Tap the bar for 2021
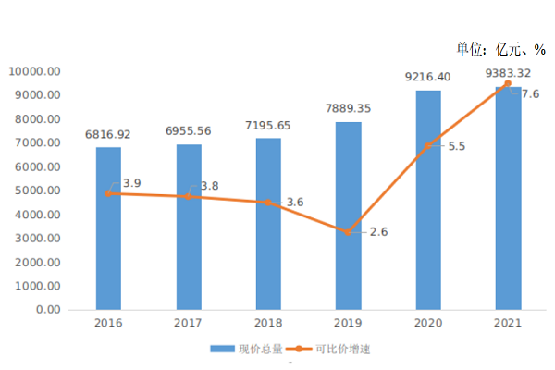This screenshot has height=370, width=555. click(508, 198)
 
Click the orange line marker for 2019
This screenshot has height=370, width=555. click(348, 232)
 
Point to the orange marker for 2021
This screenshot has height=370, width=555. click(507, 83)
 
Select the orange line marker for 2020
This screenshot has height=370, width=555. click(427, 145)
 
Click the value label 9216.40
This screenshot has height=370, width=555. click(428, 77)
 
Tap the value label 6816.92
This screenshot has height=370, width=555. click(108, 134)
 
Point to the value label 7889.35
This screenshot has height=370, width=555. click(349, 108)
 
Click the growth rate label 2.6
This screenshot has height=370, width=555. click(378, 231)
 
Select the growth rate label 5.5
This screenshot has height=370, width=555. click(456, 146)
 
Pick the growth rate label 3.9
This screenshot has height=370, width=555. click(131, 184)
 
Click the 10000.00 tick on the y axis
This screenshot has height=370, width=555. click(35, 71)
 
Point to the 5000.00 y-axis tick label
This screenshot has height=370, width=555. click(38, 191)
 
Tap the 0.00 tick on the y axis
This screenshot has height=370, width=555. click(47, 310)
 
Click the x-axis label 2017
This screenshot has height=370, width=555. click(188, 324)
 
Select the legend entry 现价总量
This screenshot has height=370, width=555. click(249, 350)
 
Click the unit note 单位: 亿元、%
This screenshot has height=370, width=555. click(500, 50)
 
